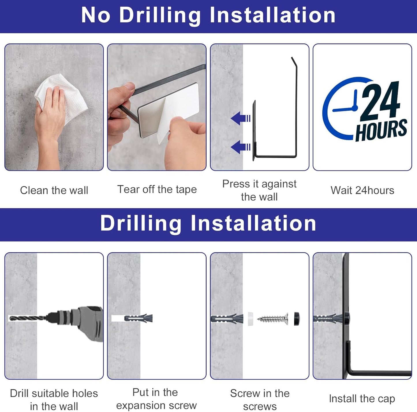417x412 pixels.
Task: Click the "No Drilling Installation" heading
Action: (x=208, y=16)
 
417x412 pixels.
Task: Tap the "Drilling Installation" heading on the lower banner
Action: (x=208, y=224)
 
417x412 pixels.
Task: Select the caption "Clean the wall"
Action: (x=54, y=190)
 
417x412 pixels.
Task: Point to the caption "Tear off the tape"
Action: (x=157, y=190)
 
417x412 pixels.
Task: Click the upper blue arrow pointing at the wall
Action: (x=240, y=118)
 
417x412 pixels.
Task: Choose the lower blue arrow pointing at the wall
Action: (x=240, y=147)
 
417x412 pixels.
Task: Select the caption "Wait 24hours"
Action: (x=362, y=190)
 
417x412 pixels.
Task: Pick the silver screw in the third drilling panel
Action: (x=273, y=319)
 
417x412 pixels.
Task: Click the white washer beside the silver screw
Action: (x=250, y=319)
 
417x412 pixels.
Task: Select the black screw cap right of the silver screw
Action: (x=297, y=319)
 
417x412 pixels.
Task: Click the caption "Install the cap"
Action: (x=362, y=398)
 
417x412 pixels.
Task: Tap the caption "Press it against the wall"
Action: (x=259, y=190)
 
